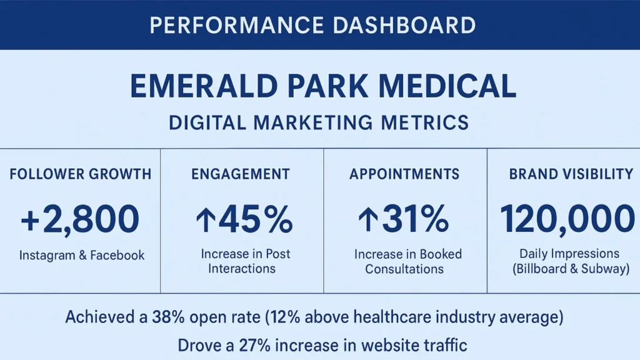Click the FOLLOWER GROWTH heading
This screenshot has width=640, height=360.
81,174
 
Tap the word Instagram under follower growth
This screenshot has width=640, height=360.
48,255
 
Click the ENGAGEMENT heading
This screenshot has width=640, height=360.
241,174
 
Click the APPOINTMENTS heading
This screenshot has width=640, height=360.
404,174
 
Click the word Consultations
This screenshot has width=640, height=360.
404,269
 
